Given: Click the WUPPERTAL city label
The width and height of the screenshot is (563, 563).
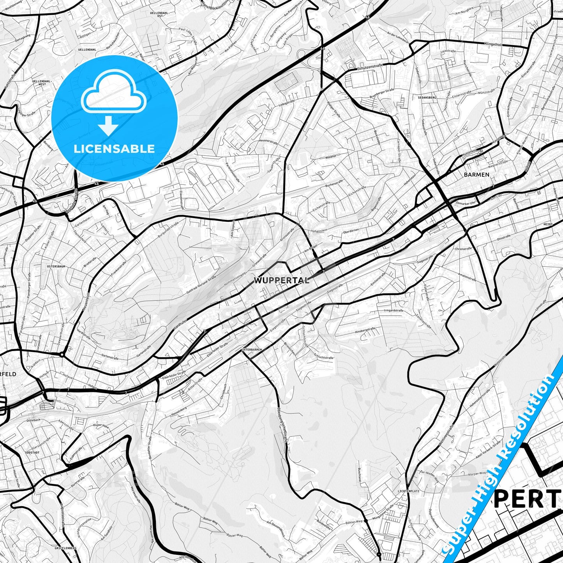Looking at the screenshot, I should click(x=282, y=280).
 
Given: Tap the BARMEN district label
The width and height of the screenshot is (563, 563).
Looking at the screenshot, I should click(x=477, y=175).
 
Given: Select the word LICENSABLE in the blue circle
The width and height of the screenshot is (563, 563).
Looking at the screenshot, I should click(x=114, y=148).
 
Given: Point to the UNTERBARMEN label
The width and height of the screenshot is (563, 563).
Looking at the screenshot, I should click(x=252, y=350).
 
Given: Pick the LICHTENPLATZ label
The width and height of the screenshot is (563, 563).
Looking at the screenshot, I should click(x=408, y=491).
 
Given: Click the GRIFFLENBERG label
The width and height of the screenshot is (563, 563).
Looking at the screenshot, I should click(x=65, y=548).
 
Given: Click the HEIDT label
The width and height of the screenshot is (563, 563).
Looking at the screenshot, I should click(x=548, y=225).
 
